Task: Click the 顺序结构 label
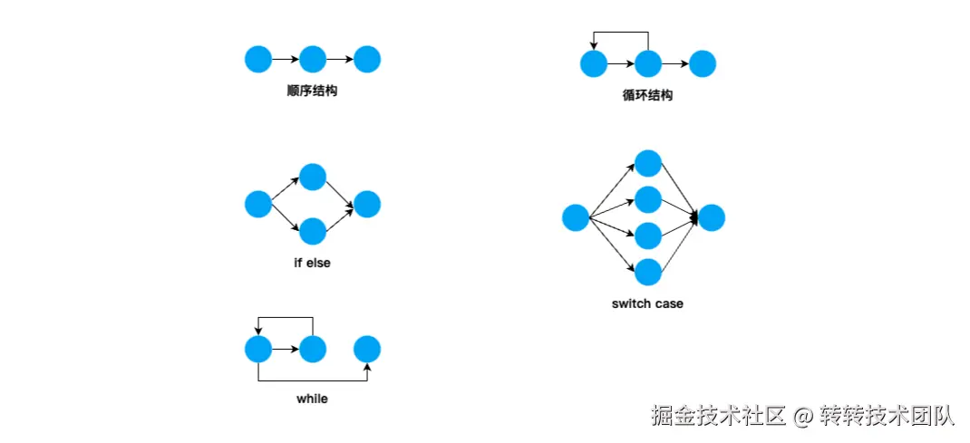pos(312,91)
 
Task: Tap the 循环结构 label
pos(647,95)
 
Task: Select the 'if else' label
pos(312,264)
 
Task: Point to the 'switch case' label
pos(647,303)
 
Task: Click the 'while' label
pos(312,399)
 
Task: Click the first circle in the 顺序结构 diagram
pos(258,60)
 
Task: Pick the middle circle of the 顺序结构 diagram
pos(313,60)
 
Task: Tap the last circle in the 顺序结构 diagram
pos(367,60)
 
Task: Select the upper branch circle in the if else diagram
pos(313,178)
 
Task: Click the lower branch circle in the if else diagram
pos(313,231)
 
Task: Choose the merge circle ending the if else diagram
pos(367,204)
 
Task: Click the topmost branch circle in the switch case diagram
pos(648,163)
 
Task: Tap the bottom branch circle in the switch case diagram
pos(648,272)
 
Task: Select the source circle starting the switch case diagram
pos(576,217)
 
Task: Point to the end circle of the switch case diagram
pos(712,217)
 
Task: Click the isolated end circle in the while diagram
pos(367,349)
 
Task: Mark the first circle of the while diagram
pos(258,349)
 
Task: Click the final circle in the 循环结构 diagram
pos(703,63)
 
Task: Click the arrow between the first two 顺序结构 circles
pos(285,60)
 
